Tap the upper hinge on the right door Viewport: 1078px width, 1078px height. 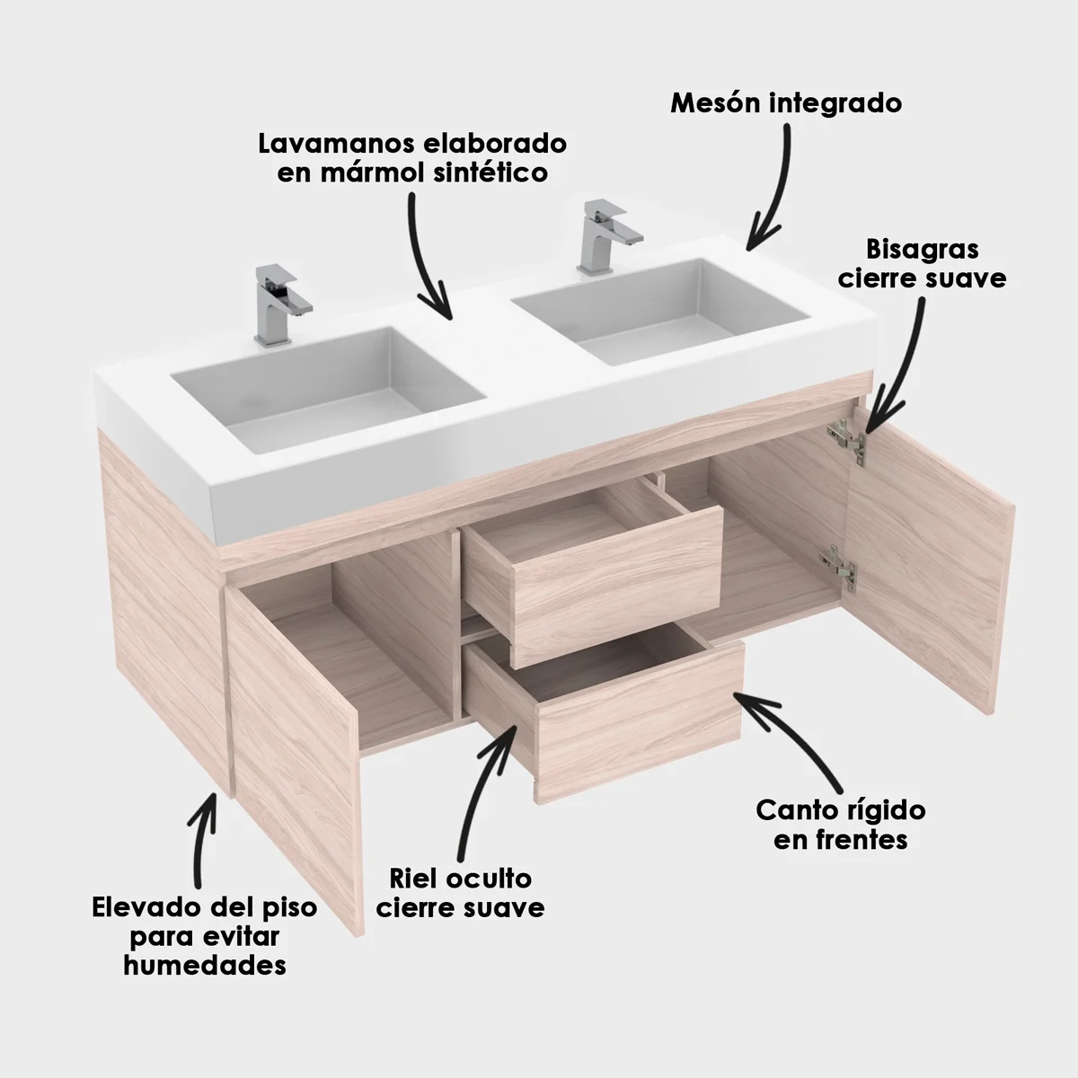click(x=847, y=443)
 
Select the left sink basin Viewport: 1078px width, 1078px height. click(x=329, y=391)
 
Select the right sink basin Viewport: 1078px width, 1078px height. click(x=660, y=311)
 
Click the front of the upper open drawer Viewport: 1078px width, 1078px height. click(x=616, y=587)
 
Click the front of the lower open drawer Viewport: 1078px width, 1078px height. click(x=639, y=722)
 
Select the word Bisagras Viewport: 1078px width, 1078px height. click(x=923, y=250)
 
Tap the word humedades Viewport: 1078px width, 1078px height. click(x=205, y=965)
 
